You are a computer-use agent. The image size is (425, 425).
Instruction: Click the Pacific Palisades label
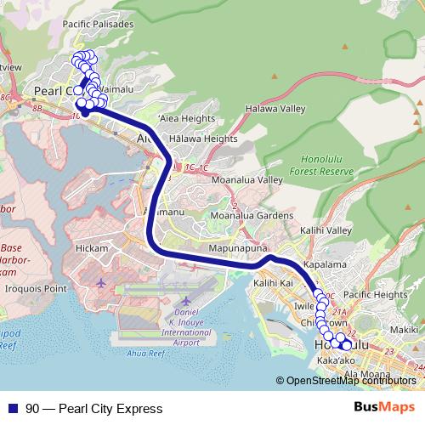coord(99,25)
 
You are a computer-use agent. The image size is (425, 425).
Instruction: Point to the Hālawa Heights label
coord(203,139)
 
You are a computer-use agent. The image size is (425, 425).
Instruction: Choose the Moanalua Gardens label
coord(252,217)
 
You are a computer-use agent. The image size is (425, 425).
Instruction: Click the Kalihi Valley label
coord(326,230)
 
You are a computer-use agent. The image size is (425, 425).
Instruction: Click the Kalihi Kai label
coord(273,283)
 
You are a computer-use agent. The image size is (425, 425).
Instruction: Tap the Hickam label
coord(92,248)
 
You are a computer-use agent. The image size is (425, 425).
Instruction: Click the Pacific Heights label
coord(375,294)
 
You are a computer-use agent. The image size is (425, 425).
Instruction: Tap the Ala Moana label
coord(367,375)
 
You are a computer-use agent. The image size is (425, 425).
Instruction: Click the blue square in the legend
coord(12,409)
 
